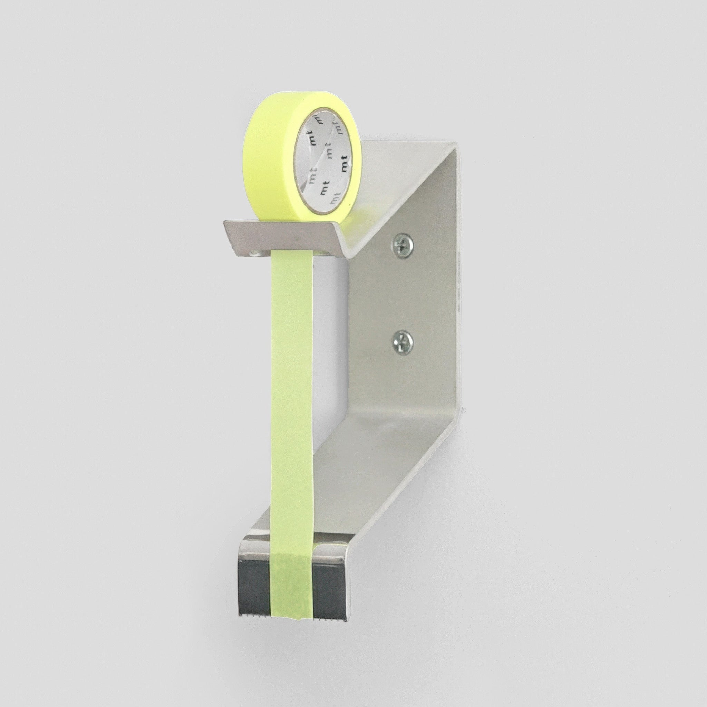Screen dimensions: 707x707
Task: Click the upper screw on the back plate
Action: [x=403, y=242]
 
